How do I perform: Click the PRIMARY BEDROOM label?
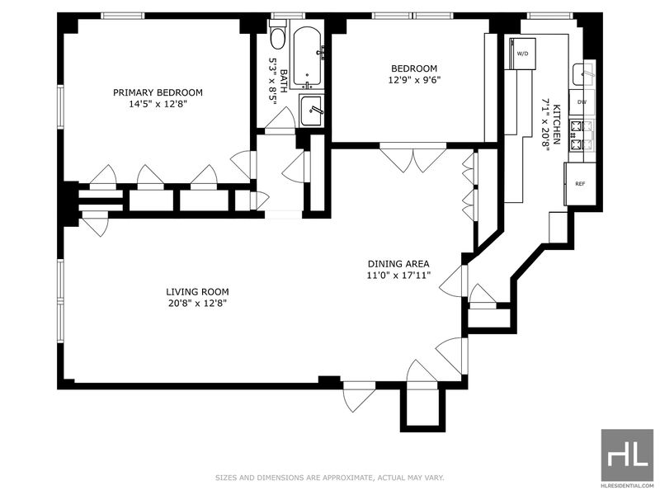coord(158,92)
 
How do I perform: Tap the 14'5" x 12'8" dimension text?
coord(158,104)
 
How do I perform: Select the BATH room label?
coord(284,81)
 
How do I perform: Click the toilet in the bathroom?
coord(277,35)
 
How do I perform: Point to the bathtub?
coord(308,56)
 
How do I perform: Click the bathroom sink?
coord(312,111)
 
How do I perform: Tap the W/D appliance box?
coord(522,54)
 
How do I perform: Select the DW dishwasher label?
coord(582,102)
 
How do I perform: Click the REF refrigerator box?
coord(581,184)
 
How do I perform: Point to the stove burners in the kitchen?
coord(582,135)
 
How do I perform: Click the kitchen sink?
coord(583,75)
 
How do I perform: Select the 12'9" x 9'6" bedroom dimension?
coord(414,79)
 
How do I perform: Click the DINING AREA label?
coord(398,264)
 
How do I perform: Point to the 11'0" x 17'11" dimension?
coord(398,276)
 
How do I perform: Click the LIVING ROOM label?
coord(197,292)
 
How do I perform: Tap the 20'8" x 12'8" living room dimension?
coord(197,303)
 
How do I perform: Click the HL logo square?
coord(627,455)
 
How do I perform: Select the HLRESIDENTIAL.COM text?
coord(627,485)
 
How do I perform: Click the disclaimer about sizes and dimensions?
coord(330,478)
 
